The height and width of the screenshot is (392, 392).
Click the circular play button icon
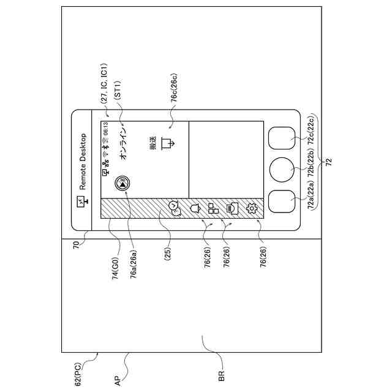point(123,183)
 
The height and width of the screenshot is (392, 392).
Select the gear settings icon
point(252,208)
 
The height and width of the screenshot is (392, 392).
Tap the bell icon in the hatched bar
point(196,208)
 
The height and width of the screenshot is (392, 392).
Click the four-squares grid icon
point(213,208)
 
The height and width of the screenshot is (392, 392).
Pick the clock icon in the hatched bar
point(173,208)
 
